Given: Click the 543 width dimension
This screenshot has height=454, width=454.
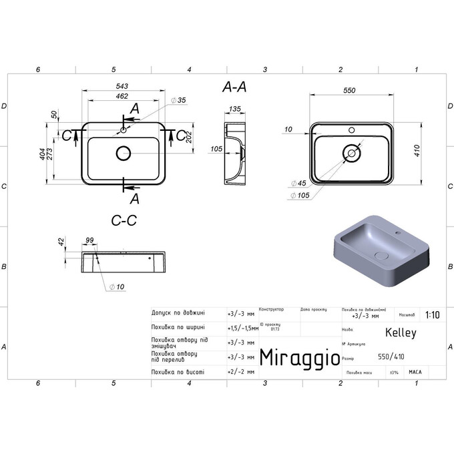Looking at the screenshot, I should pos(122,85).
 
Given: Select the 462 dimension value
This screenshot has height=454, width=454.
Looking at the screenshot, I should pos(122,97).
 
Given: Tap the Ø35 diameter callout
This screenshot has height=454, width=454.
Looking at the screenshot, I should pos(178,100).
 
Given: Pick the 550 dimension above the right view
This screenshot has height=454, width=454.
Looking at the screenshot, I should pos(349,91).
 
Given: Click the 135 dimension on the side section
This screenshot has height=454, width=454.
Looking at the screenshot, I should pos(235,109).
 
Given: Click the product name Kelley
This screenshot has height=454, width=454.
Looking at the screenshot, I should pos(401,332).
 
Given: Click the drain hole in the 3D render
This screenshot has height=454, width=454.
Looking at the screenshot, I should pos(382,255).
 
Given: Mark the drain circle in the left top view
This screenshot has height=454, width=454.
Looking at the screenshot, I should pos(124,154).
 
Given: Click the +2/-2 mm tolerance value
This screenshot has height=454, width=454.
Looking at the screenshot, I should pos(241,372).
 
